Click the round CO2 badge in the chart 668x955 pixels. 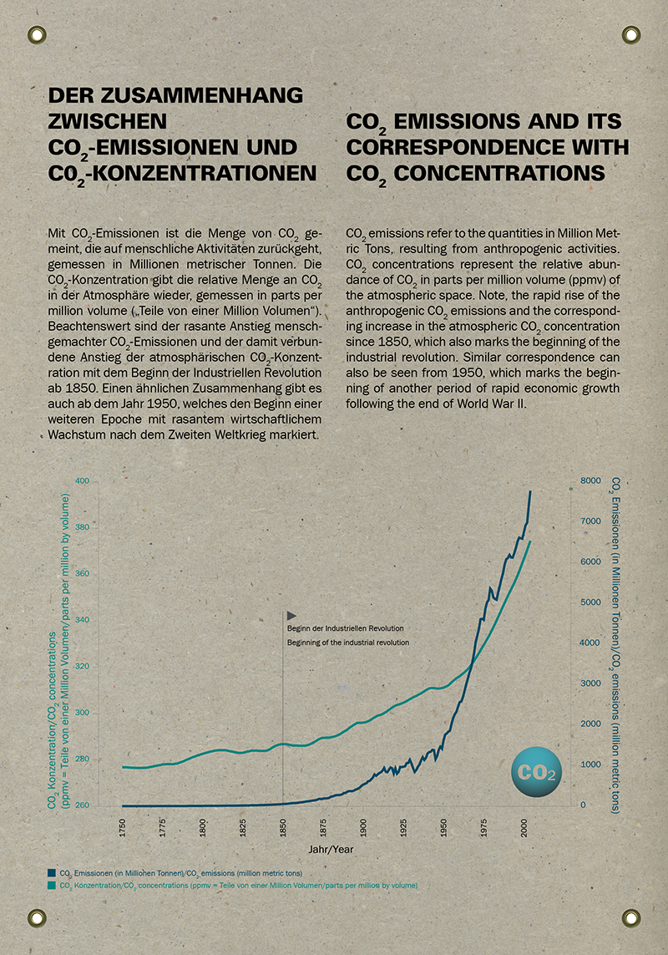[536, 772]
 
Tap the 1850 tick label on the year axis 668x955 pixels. [283, 828]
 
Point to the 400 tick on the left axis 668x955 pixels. [82, 480]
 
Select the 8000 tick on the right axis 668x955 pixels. [590, 480]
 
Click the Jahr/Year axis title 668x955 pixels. [331, 849]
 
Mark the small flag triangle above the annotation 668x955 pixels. [291, 616]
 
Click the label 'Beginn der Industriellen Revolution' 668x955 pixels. [345, 628]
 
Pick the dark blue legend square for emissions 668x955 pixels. [52, 873]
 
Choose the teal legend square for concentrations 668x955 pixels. [52, 885]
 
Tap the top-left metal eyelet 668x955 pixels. [37, 35]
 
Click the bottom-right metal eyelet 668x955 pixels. [631, 918]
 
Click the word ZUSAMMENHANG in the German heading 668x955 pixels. [204, 95]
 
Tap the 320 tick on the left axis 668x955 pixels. [82, 666]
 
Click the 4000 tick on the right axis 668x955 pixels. [590, 643]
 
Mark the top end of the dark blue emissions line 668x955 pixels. [529, 491]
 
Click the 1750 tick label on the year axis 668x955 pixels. [123, 828]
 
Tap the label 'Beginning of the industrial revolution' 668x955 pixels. [348, 643]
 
